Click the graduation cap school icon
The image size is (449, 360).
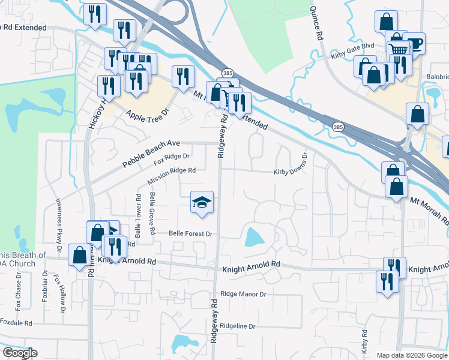click(202, 202)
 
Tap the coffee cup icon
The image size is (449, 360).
click(414, 43)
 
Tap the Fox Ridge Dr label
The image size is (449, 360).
click(172, 159)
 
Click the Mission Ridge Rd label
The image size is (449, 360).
click(172, 175)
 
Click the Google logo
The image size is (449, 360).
click(20, 353)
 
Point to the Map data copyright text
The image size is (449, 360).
click(412, 355)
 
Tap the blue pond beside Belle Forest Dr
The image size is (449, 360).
click(253, 238)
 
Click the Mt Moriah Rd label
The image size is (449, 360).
click(429, 211)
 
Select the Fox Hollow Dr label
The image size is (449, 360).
click(60, 294)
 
